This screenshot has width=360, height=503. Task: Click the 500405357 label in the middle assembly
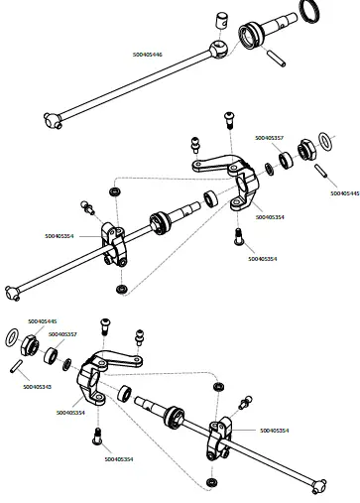tap(269, 138)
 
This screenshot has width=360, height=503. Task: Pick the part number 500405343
tap(38, 385)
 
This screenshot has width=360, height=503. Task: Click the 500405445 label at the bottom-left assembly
tap(43, 321)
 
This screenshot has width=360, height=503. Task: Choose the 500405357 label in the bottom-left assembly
tap(62, 334)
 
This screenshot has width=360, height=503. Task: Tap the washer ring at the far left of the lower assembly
tap(13, 339)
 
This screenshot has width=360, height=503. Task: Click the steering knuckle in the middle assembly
tap(234, 180)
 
